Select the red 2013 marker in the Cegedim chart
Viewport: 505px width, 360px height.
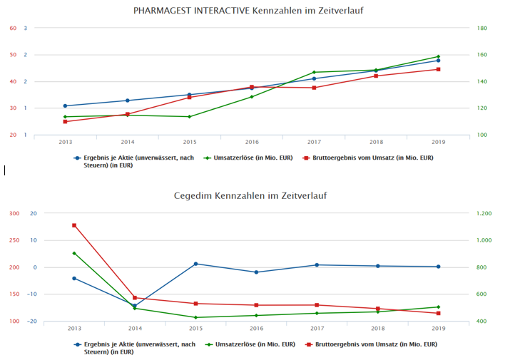(73, 225)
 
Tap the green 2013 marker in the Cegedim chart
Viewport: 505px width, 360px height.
(73, 253)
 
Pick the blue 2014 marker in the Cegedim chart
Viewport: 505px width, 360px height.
(134, 305)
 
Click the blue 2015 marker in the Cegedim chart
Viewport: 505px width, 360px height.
(195, 264)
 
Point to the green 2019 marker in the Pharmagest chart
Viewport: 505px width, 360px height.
(438, 56)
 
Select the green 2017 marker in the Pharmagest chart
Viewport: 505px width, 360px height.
(314, 72)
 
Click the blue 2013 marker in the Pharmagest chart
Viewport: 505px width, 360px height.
(65, 106)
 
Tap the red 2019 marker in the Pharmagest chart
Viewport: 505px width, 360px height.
(438, 69)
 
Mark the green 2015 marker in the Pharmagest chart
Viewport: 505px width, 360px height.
(189, 116)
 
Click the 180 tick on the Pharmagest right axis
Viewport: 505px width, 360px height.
(481, 29)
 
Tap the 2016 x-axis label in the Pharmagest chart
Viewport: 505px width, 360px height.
(252, 142)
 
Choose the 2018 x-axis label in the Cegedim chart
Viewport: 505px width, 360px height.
(377, 328)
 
